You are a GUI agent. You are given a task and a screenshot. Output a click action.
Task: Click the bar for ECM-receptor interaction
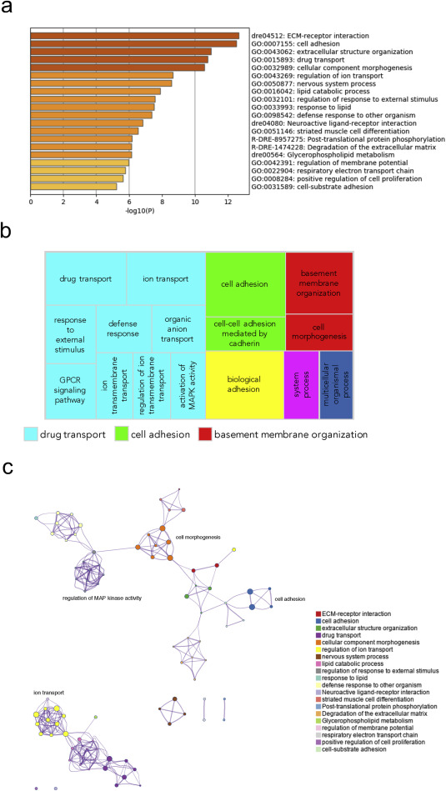coord(135,36)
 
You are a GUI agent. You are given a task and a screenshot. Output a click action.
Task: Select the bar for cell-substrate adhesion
coord(73,187)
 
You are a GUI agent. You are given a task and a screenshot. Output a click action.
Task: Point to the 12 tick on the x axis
coord(228,203)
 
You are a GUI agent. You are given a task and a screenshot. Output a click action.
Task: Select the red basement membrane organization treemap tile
coord(319,283)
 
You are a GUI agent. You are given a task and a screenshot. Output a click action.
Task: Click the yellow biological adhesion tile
coord(244,384)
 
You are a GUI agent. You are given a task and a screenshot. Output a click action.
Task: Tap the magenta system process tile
coord(301,384)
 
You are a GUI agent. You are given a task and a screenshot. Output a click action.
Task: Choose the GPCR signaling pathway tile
coord(71,391)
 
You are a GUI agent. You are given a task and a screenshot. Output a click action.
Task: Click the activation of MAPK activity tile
coord(188,385)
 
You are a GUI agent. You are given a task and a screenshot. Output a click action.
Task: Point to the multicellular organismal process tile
coord(336,384)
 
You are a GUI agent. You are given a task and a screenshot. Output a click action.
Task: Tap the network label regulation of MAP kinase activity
coord(102,598)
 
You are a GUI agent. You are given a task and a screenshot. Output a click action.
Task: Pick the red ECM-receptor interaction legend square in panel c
coord(318,614)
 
